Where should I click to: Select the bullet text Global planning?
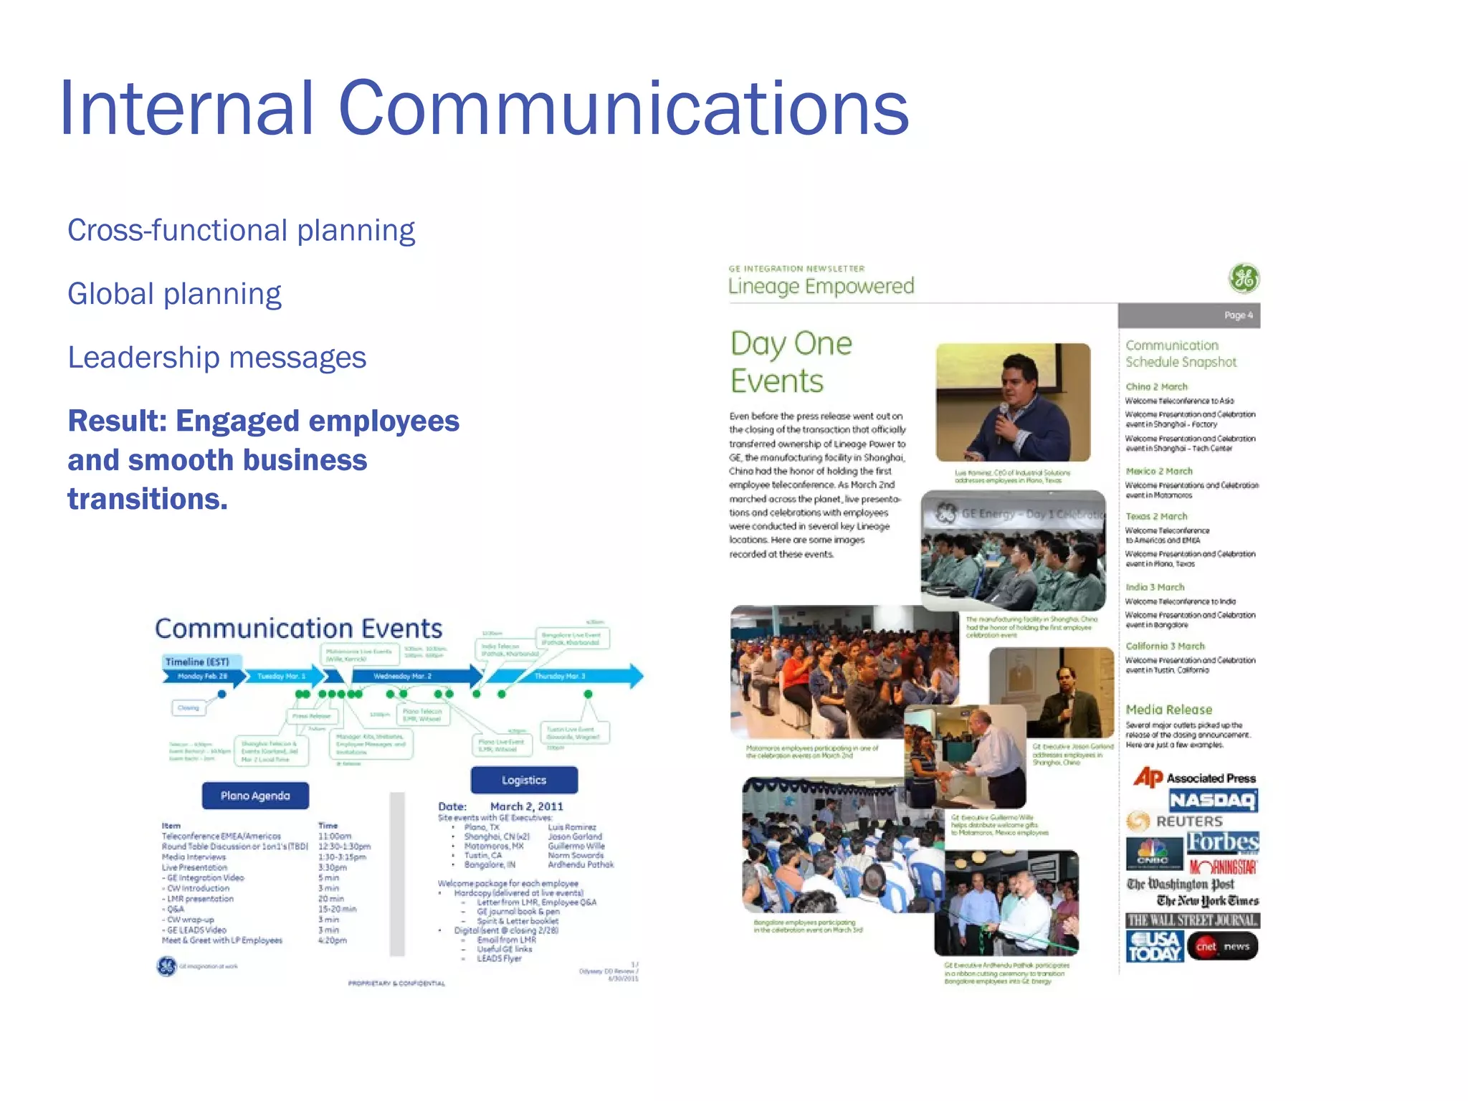tap(174, 294)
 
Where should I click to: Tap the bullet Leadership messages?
tap(216, 358)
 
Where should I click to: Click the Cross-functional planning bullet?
tap(241, 231)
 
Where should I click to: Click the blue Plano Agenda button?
tap(255, 796)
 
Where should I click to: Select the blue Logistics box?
tap(524, 780)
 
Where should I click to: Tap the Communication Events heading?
tap(298, 629)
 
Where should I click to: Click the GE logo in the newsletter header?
tap(1244, 278)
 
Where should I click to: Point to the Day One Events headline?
tap(791, 363)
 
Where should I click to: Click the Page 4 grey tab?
tap(1189, 315)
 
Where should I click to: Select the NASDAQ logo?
tap(1213, 800)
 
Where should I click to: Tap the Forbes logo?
tap(1222, 842)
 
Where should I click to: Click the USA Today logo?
tap(1154, 946)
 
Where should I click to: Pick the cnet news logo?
tap(1222, 946)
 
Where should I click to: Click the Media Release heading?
tap(1168, 710)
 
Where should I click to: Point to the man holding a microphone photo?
tap(1013, 402)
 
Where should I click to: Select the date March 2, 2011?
tap(526, 806)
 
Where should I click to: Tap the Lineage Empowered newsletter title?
tap(821, 286)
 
